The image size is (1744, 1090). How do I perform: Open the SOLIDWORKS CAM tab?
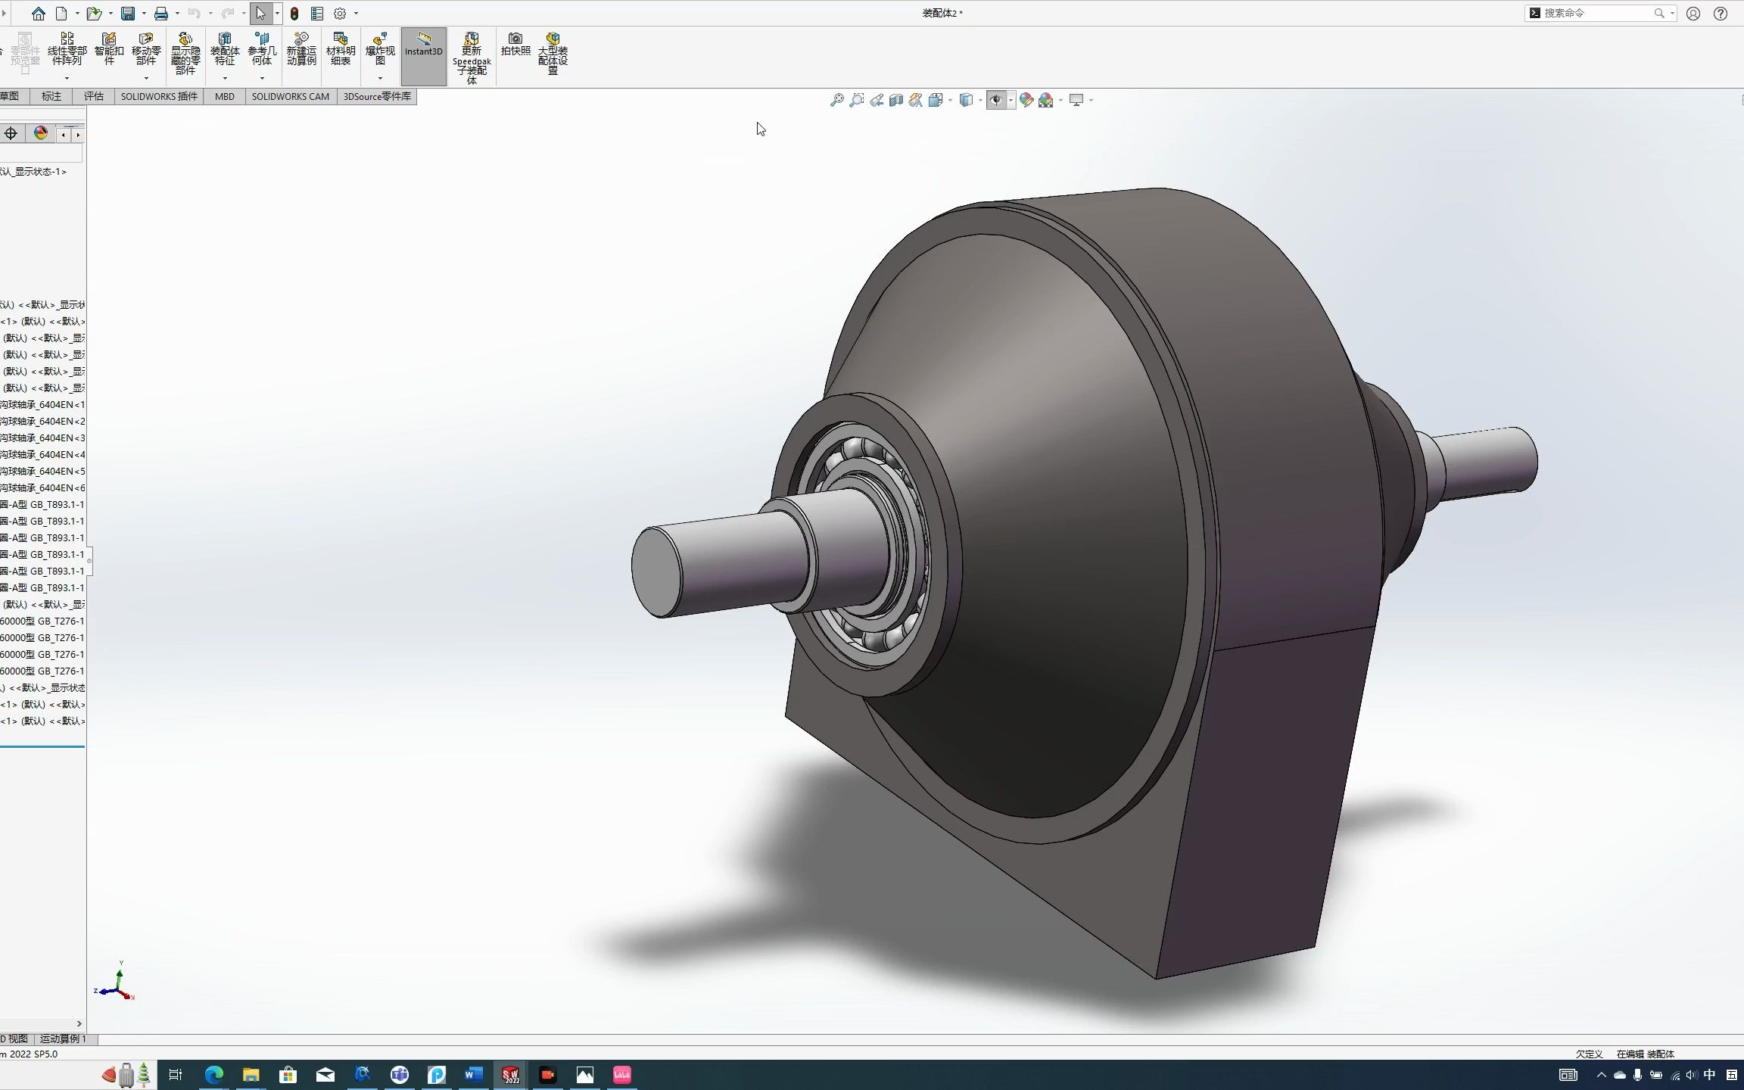pyautogui.click(x=290, y=97)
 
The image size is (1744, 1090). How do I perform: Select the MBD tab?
pyautogui.click(x=225, y=97)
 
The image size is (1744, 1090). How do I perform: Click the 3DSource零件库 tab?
pyautogui.click(x=377, y=97)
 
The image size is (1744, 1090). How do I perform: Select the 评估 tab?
pyautogui.click(x=94, y=97)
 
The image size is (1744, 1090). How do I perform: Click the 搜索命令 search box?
pyautogui.click(x=1597, y=13)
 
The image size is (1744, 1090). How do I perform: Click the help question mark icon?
pyautogui.click(x=1721, y=13)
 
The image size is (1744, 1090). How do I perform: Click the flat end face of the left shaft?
pyautogui.click(x=656, y=572)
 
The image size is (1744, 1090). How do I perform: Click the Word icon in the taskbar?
pyautogui.click(x=474, y=1075)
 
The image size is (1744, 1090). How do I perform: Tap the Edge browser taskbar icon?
pyautogui.click(x=214, y=1075)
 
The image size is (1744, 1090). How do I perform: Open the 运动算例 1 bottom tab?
pyautogui.click(x=64, y=1039)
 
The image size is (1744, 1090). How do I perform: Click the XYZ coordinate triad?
pyautogui.click(x=117, y=984)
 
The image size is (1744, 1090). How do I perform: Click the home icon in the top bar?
pyautogui.click(x=39, y=13)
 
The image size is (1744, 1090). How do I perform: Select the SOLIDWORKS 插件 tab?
pyautogui.click(x=159, y=97)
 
